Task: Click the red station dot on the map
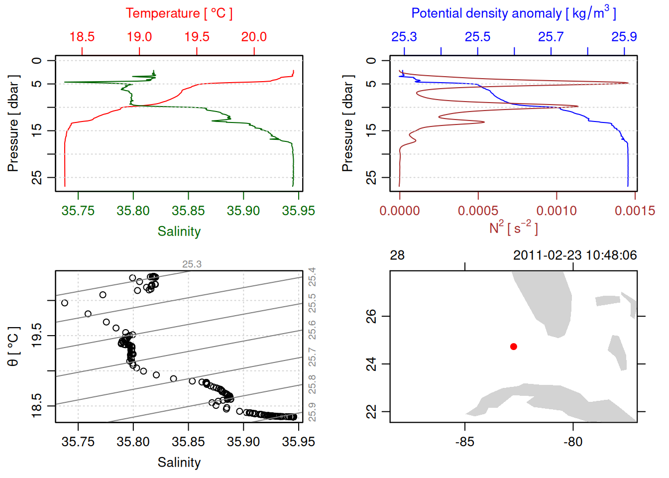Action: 514,347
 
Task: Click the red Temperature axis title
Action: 179,13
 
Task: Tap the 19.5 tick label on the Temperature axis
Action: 197,37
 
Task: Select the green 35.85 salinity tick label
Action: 188,211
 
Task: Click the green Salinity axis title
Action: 179,232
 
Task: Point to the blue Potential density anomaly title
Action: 513,13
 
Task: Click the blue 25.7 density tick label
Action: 551,37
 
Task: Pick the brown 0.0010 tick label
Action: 557,211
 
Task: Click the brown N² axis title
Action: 513,228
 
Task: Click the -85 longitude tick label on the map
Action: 464,442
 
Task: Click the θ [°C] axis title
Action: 13,347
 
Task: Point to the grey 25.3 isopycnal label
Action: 192,264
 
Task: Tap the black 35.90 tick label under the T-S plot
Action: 243,442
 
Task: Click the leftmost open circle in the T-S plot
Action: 64,303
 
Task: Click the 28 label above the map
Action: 397,255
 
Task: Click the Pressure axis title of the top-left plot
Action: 13,123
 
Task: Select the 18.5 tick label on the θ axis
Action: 37,406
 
